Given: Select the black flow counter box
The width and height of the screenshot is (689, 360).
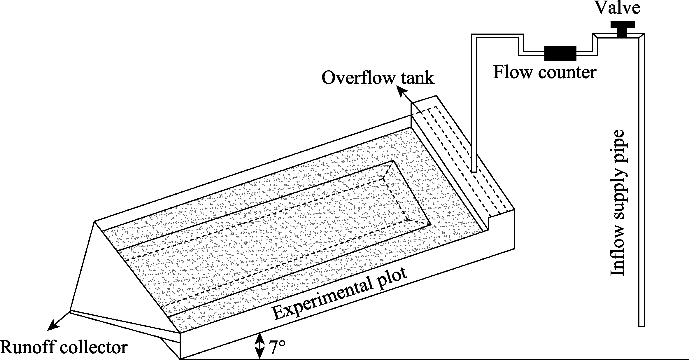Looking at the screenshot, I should [560, 53].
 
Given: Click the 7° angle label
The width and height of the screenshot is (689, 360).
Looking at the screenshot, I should [277, 347].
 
